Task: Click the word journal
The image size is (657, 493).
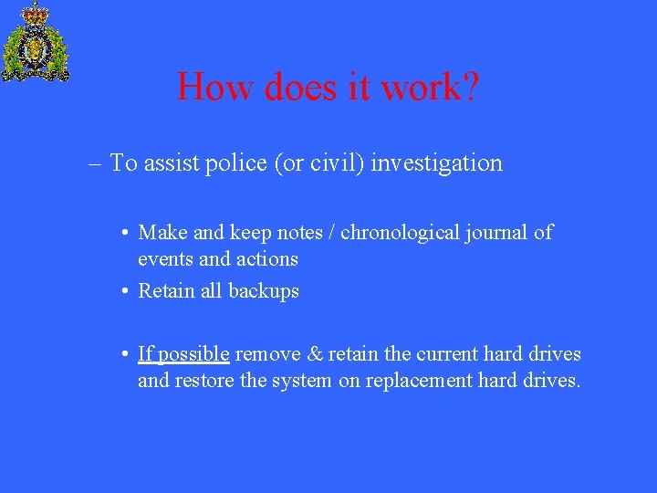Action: click(501, 233)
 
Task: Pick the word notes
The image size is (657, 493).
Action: click(306, 233)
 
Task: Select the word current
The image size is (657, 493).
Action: click(445, 354)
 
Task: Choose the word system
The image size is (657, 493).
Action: click(302, 381)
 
